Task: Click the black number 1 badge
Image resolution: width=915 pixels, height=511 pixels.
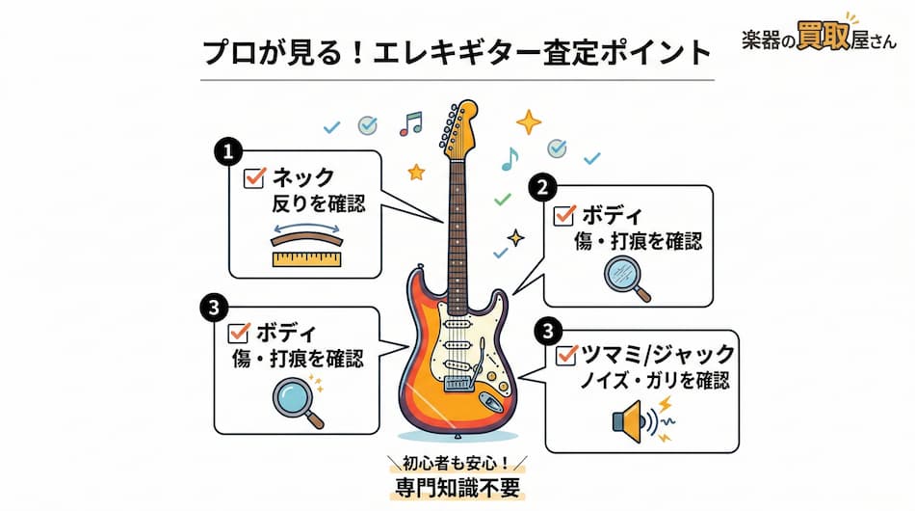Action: [226, 151]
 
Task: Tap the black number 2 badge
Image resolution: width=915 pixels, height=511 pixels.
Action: [542, 187]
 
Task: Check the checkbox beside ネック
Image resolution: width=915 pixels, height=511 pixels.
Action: [255, 177]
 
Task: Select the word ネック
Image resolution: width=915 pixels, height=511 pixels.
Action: [302, 177]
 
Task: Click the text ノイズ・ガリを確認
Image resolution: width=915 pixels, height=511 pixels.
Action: [654, 380]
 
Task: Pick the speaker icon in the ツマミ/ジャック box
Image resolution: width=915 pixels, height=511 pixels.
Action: [630, 420]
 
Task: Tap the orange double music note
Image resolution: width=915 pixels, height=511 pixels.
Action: [411, 123]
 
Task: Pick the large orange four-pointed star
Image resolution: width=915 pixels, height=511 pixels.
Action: [528, 121]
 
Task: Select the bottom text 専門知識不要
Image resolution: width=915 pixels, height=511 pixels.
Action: [457, 487]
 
